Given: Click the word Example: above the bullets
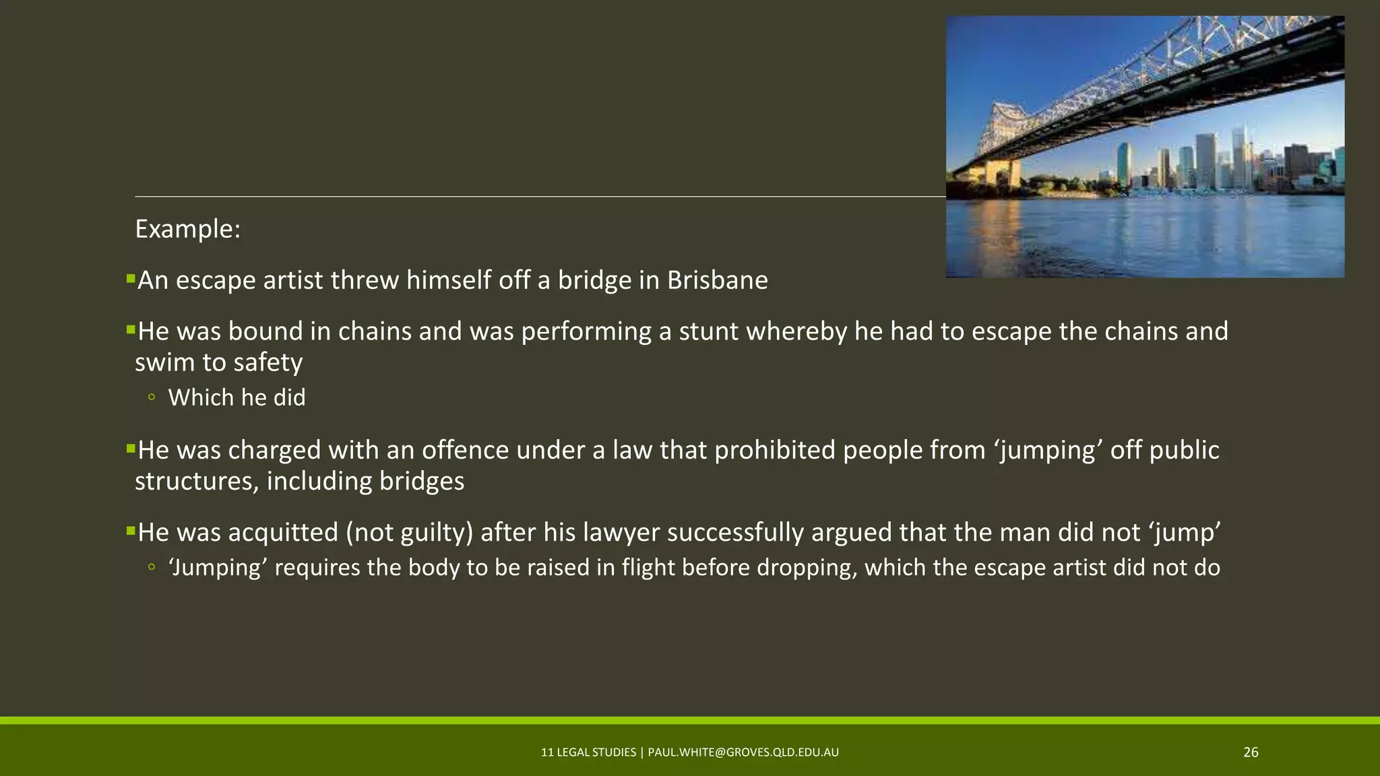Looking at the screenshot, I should (187, 229).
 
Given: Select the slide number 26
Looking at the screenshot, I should (1251, 752).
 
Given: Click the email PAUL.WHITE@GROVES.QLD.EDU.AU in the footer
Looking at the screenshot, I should (743, 752).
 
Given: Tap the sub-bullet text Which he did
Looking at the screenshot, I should (237, 397).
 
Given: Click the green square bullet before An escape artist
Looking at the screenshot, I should (131, 278).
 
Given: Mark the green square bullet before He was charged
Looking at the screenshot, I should (131, 447).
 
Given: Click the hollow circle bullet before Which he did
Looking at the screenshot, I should (152, 397).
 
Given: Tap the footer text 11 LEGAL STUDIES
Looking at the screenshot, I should (588, 752).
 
